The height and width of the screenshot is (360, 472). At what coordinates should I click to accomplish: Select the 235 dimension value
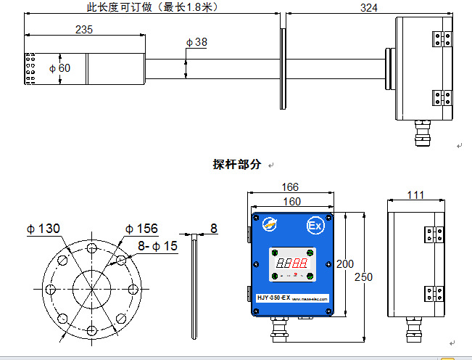tap(84, 30)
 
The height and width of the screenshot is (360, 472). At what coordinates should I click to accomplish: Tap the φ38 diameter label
tap(196, 42)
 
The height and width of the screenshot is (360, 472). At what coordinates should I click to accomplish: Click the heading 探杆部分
tap(236, 165)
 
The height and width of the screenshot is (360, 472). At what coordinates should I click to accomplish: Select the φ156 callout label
tap(141, 229)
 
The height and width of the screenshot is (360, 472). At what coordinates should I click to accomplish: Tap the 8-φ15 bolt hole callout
tap(157, 246)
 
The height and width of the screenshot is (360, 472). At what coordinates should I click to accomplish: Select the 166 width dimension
tap(291, 188)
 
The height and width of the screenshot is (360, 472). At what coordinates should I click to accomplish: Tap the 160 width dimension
tap(291, 201)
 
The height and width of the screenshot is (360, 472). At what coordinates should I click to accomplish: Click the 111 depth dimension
tap(415, 195)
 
